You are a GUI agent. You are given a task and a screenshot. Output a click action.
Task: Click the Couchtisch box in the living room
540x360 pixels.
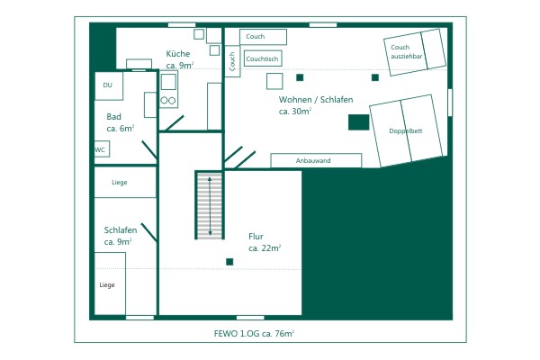pos(263,58)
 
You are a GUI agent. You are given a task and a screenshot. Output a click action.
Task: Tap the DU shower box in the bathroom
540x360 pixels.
pos(109,85)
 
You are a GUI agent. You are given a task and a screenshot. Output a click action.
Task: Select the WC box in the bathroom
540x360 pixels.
pos(102,149)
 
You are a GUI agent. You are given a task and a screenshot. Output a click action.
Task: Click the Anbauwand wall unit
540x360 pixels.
pos(316,160)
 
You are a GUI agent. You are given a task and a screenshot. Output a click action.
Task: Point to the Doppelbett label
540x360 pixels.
pos(405,130)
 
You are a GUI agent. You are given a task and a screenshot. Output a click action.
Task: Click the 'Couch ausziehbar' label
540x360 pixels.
pos(406,51)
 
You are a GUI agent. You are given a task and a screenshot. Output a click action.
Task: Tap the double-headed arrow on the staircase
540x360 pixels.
pos(210,206)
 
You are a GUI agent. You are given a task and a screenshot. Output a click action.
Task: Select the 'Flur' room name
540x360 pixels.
pos(256,237)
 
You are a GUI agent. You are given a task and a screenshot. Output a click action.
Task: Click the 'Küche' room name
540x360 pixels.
pos(177,53)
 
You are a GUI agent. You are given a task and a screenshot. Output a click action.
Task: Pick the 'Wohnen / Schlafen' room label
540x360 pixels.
pos(316,100)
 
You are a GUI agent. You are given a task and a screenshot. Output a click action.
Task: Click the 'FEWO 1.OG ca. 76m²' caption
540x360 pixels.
pos(254,334)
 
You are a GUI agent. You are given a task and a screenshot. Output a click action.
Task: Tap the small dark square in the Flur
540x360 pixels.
pos(229,262)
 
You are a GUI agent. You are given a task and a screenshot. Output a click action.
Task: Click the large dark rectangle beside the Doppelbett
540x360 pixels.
pos(358,122)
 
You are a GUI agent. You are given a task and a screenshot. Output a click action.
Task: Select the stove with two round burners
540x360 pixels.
pos(168,90)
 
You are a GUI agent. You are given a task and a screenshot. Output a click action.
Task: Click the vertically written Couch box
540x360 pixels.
pos(232,61)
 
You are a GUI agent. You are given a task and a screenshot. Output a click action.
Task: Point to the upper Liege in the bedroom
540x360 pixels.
pos(125,182)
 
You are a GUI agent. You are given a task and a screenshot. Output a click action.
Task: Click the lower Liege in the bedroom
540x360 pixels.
pos(110,283)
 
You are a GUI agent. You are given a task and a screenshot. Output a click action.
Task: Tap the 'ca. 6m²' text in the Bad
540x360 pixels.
pos(121,128)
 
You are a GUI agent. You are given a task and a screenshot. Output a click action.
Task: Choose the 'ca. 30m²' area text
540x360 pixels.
pos(295,112)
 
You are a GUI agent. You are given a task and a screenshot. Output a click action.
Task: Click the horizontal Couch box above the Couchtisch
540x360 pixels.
pos(263,37)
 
